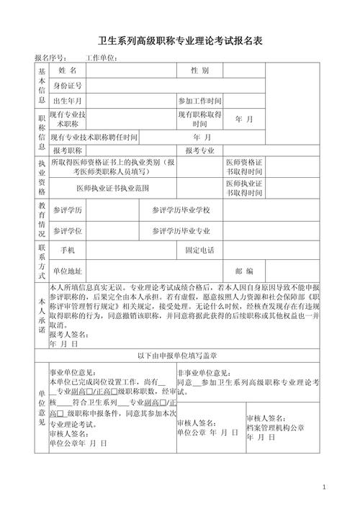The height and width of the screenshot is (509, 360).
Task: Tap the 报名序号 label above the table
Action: point(51,58)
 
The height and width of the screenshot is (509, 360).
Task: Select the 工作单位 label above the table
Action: point(102,58)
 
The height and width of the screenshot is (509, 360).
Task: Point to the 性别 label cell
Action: point(199,71)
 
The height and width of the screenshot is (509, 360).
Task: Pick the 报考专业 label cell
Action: point(199,151)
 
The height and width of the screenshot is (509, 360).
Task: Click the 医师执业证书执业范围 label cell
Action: point(113,188)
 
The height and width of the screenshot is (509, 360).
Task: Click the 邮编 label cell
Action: point(244,271)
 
